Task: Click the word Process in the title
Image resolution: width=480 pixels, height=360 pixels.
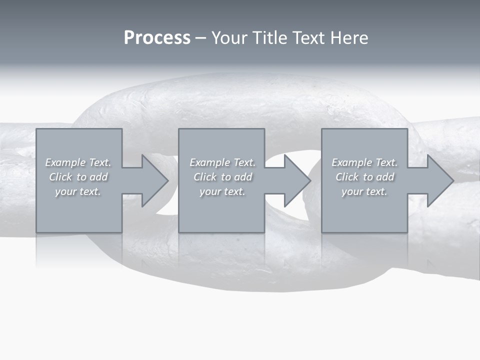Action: (x=157, y=38)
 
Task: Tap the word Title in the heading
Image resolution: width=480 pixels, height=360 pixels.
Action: (x=269, y=38)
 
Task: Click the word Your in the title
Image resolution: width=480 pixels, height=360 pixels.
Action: (x=229, y=38)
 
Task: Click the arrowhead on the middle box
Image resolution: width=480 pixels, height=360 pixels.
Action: (x=296, y=180)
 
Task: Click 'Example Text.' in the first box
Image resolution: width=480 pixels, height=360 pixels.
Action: (x=78, y=162)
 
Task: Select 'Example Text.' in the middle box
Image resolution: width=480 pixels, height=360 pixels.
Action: (x=222, y=162)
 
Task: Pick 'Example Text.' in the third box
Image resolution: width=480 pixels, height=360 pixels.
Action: (x=364, y=162)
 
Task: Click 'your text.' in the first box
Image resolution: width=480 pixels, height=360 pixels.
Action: (x=78, y=191)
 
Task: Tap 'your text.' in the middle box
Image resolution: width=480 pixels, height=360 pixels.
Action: (x=222, y=191)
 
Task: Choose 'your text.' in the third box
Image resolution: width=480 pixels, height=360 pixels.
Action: (x=364, y=191)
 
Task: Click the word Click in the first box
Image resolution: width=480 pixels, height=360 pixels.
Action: (x=60, y=177)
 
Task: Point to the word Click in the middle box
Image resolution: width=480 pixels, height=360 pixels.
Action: (x=205, y=177)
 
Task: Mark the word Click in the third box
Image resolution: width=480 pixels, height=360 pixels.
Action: (x=347, y=177)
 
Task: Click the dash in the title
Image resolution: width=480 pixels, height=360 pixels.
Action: (x=201, y=38)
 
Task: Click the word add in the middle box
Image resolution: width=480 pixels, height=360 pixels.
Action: (x=243, y=177)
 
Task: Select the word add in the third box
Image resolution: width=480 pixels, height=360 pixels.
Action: (x=385, y=177)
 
